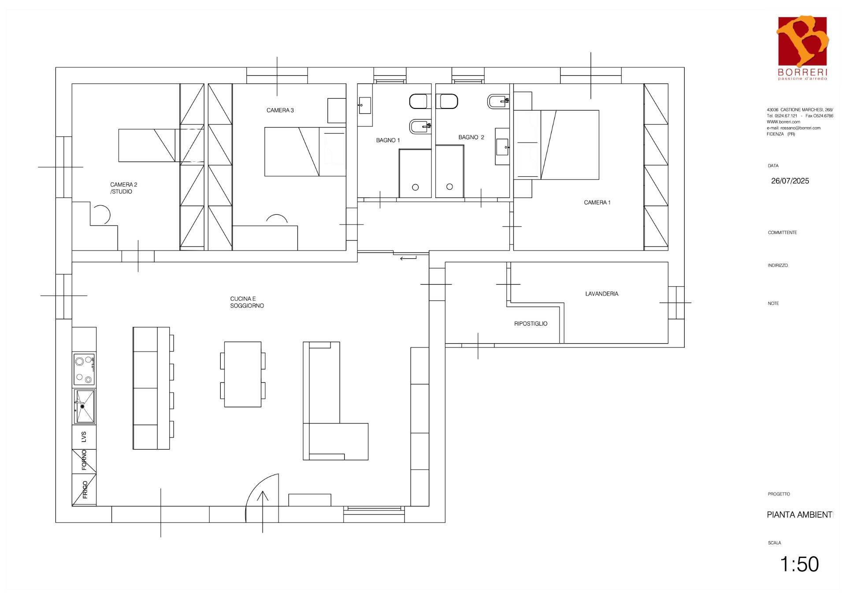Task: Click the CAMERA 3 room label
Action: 280,110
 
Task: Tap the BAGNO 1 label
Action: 388,140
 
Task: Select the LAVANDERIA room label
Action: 601,294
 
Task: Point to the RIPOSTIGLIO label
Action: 531,324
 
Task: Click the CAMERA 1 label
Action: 597,202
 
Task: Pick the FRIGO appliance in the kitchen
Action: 84,490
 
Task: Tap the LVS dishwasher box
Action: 84,437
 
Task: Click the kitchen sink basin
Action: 84,406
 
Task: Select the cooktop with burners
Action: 84,369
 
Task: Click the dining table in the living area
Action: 243,374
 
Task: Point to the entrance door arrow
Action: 263,512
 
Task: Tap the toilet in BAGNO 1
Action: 419,101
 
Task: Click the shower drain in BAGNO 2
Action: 449,187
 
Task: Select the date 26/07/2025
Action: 790,181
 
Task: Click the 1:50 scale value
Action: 799,564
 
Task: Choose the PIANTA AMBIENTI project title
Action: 800,515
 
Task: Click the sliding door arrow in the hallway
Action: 408,258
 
